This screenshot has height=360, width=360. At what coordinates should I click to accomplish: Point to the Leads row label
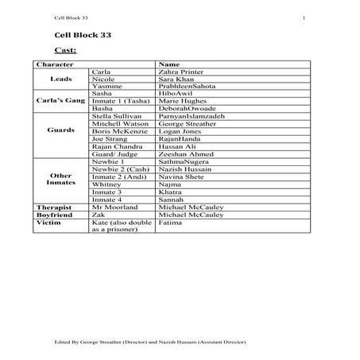[60, 79]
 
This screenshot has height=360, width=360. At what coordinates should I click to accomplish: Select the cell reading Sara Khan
[177, 79]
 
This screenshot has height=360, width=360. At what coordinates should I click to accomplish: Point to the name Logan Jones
[179, 131]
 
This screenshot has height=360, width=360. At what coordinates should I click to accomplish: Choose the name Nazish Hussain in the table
[184, 169]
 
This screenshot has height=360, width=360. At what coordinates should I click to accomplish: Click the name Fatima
[169, 222]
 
